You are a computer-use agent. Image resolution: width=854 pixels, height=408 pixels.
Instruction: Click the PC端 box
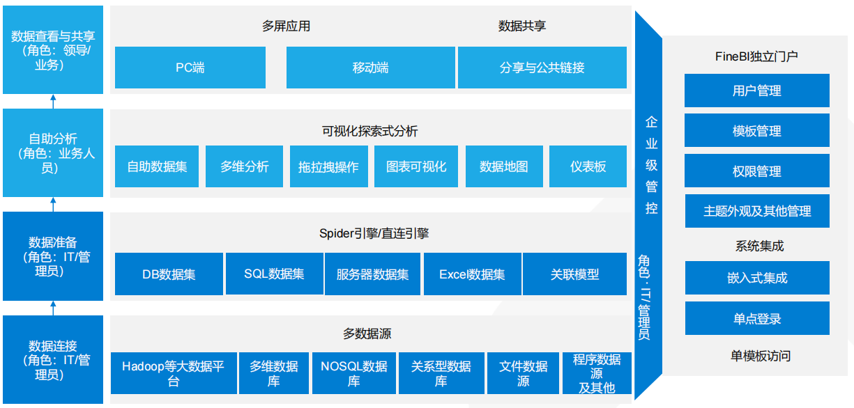(190, 68)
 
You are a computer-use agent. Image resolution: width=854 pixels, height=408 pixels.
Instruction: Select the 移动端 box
(371, 68)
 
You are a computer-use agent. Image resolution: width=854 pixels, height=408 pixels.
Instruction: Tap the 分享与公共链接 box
(542, 68)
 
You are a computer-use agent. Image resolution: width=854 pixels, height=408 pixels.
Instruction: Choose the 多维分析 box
(245, 166)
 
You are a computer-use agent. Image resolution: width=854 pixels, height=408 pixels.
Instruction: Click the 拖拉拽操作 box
(329, 166)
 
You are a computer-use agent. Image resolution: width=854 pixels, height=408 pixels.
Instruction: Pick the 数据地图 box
(504, 166)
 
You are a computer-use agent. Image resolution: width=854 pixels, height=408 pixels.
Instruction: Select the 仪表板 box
(588, 166)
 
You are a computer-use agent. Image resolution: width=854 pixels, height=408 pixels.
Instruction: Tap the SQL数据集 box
(275, 274)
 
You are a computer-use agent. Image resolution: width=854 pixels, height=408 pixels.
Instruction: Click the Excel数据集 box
(473, 274)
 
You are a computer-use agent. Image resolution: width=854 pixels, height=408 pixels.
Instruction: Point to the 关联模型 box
(574, 274)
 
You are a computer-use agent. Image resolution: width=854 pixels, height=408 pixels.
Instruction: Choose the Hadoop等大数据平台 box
(174, 373)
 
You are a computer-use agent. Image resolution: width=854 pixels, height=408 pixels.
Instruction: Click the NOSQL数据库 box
(354, 373)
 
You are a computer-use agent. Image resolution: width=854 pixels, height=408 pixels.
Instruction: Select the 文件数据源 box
(523, 373)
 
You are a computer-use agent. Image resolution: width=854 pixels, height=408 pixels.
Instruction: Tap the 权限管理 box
(757, 171)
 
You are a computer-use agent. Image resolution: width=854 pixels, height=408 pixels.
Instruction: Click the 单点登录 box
(757, 318)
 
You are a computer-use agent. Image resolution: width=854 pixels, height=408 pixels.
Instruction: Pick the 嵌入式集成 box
(757, 278)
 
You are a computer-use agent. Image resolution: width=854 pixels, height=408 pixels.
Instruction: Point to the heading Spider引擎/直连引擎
(374, 233)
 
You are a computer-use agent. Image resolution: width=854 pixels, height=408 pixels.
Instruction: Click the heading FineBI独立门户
(756, 56)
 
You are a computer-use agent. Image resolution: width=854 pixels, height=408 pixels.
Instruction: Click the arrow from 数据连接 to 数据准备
(53, 308)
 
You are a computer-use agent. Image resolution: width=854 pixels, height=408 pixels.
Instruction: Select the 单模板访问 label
(761, 356)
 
